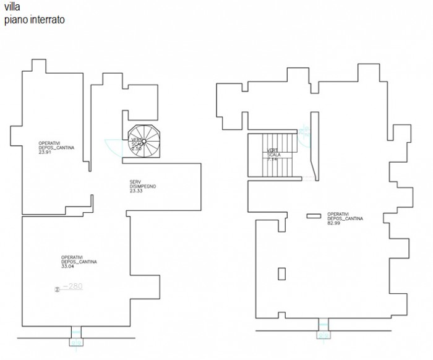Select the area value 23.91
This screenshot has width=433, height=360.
coord(44,152)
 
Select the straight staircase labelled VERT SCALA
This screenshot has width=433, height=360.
coord(272,154)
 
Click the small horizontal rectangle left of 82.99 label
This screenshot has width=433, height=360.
coord(314,215)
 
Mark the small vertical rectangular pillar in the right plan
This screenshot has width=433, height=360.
coord(281,273)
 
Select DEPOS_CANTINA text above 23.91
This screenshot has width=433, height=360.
coord(54,147)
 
